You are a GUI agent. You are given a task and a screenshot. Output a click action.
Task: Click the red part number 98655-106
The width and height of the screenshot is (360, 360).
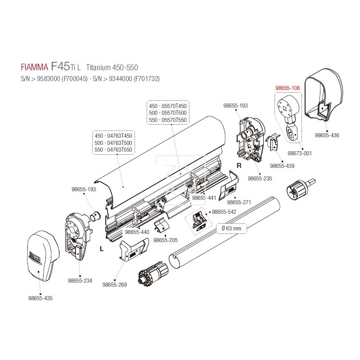coord(287,89)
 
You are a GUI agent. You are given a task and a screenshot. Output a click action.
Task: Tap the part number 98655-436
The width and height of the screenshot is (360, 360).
coord(327,135)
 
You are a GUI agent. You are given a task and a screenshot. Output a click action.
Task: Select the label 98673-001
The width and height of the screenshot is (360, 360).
coord(299,153)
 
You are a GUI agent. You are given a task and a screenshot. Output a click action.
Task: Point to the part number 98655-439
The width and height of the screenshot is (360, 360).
coord(281,166)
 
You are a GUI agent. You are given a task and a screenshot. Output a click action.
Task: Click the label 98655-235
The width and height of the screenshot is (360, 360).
coord(260,179)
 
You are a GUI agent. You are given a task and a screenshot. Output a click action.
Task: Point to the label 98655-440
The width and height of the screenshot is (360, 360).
coord(138,232)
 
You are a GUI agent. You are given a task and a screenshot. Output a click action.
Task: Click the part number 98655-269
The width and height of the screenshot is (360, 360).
coord(116,284)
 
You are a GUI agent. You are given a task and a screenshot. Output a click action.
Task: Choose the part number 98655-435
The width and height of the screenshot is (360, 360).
coord(40,298)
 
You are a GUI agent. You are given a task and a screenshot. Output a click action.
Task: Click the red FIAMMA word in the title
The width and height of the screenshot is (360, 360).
coord(35,68)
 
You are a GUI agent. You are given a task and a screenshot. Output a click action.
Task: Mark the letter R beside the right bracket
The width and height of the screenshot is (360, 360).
coord(239,166)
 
